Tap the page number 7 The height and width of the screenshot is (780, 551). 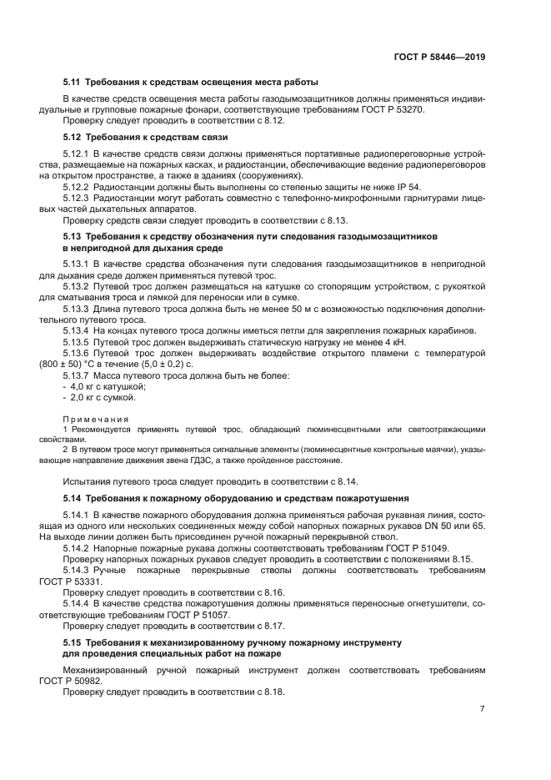click(482, 709)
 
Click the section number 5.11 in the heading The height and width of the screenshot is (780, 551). click(73, 82)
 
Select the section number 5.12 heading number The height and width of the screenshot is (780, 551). click(73, 137)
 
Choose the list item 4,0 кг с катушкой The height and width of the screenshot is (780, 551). click(108, 386)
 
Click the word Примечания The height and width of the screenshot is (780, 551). click(96, 419)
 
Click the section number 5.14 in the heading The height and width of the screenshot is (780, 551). click(73, 498)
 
